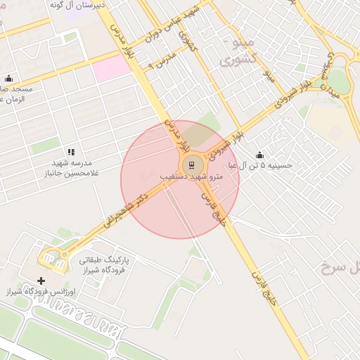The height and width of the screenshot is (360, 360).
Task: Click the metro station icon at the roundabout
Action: [190, 165]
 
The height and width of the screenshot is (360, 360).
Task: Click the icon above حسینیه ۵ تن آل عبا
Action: [260, 155]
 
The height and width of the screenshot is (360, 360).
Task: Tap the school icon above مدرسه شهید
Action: [71, 152]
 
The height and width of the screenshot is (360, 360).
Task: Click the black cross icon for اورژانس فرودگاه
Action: [41, 281]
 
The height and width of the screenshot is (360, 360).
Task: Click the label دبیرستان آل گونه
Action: [77, 5]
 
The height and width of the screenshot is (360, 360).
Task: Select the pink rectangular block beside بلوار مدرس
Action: [112, 69]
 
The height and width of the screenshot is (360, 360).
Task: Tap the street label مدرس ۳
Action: [160, 62]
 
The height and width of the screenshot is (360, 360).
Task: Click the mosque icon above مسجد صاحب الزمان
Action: [8, 79]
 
